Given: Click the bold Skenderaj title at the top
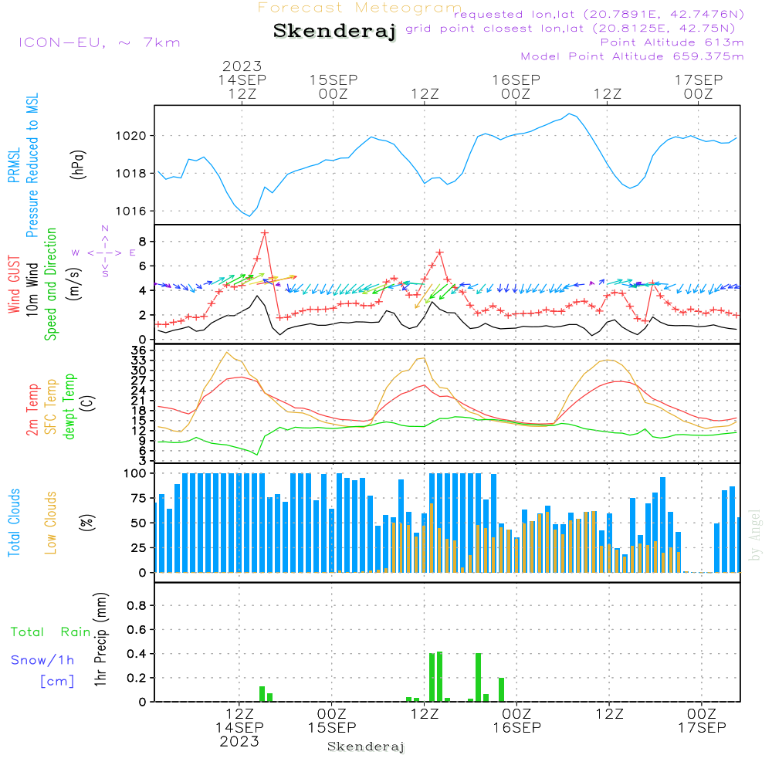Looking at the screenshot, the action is click(335, 32).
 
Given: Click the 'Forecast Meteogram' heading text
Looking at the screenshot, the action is click(360, 8).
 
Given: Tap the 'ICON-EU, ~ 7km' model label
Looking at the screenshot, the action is click(100, 42).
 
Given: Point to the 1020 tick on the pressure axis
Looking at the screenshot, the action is click(131, 136).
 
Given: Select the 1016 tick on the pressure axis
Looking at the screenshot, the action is click(131, 212).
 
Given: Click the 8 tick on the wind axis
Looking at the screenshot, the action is click(143, 242).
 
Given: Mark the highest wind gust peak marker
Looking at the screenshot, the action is click(265, 232).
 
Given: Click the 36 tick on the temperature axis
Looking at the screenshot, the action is click(139, 350).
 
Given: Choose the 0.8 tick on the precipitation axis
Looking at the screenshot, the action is click(137, 605).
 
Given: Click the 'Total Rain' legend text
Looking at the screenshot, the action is click(51, 632).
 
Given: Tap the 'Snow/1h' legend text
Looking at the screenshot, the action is click(42, 660).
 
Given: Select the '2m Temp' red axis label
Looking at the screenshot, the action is click(32, 410).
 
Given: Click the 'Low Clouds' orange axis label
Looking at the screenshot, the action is click(50, 523).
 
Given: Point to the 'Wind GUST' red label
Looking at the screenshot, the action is click(14, 285).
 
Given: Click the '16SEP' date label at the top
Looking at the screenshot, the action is click(516, 80).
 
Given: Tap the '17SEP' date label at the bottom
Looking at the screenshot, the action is click(702, 728).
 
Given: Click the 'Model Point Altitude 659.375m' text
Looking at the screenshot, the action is click(632, 56).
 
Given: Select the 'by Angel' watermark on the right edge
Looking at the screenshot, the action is click(755, 535).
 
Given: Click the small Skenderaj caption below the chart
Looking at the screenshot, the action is click(366, 747).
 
